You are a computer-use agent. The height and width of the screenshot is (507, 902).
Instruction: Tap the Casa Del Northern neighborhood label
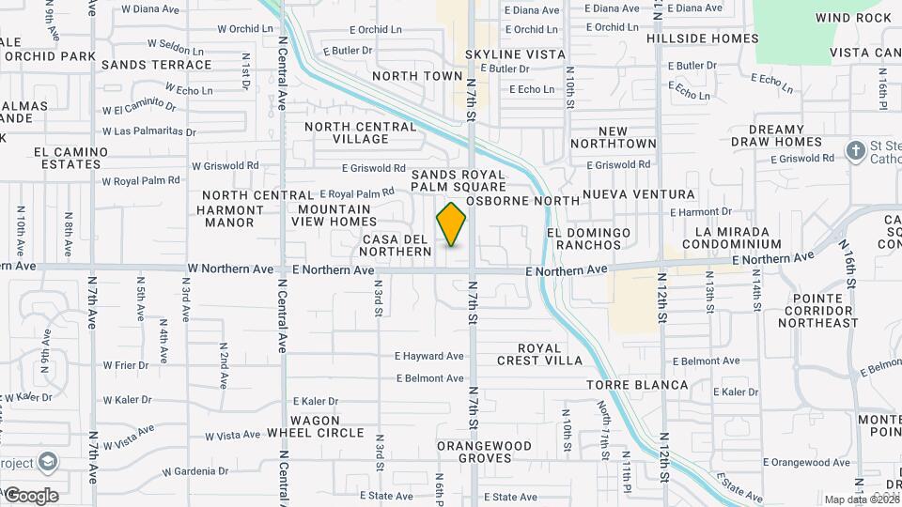(397, 246)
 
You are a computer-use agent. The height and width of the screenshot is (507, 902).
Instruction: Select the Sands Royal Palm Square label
(459, 181)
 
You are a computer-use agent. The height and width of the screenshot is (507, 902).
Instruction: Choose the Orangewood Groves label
(486, 452)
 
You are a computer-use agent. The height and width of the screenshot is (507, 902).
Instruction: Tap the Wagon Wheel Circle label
(315, 426)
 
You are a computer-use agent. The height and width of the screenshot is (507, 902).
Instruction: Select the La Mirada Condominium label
(732, 238)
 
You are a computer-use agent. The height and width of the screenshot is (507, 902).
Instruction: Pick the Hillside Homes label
(702, 38)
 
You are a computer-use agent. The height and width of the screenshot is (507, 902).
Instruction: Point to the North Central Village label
(347, 132)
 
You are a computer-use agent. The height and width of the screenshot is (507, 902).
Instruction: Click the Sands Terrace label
(156, 65)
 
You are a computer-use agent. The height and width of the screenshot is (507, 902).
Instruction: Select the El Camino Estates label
(67, 158)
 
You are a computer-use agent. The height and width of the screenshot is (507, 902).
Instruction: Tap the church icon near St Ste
(856, 150)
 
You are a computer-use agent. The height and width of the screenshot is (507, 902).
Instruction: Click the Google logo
(31, 496)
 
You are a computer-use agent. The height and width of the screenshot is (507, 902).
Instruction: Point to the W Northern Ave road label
(230, 269)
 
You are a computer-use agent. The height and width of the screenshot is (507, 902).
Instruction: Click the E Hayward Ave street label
(429, 357)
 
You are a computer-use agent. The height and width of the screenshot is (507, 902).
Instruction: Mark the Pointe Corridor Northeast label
(817, 316)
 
